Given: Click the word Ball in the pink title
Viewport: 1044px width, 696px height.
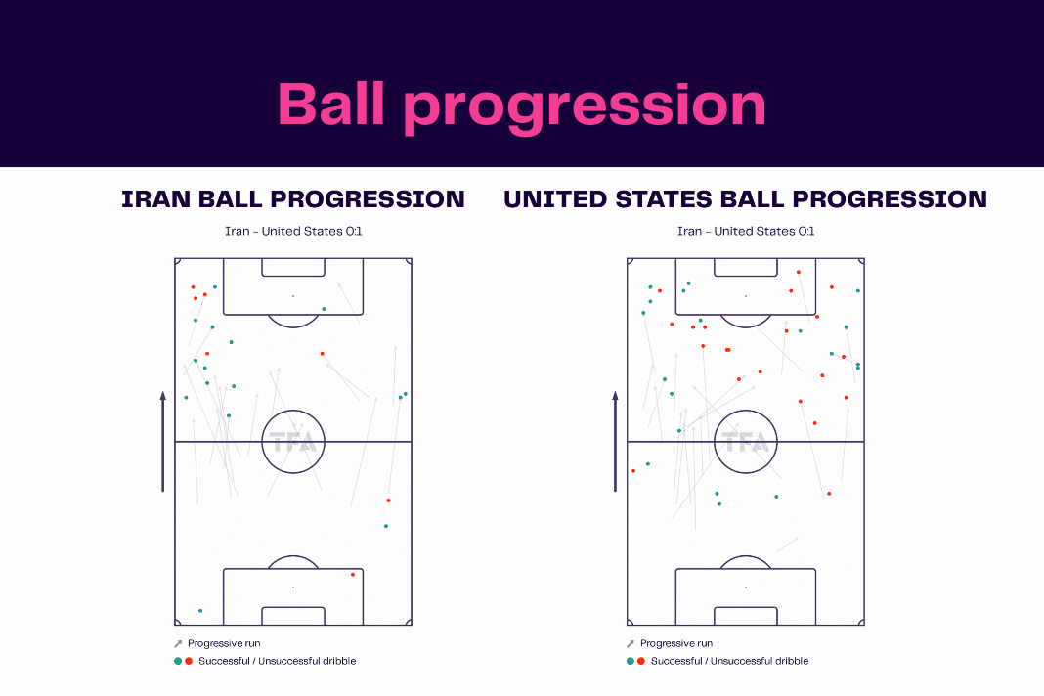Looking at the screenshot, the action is (331, 104).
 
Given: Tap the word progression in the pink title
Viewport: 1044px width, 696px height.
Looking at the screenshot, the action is (586, 109).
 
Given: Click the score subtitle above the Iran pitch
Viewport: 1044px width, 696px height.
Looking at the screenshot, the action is (293, 231).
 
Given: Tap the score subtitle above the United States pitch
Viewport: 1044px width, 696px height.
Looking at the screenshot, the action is (746, 231).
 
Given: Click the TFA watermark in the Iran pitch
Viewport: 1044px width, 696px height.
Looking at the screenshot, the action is (293, 442).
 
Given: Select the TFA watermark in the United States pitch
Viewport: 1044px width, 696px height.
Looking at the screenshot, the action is (746, 442).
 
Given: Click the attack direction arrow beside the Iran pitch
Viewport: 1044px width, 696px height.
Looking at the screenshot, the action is (163, 442).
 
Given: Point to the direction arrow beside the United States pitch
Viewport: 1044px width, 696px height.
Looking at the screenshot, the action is (615, 442).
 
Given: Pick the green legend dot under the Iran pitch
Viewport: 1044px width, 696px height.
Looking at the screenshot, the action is (178, 662).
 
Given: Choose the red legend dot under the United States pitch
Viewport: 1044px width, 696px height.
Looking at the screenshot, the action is (641, 662).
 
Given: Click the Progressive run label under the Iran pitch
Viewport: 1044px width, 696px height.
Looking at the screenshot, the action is (224, 643).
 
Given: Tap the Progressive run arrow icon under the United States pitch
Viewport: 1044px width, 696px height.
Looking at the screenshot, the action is (631, 643).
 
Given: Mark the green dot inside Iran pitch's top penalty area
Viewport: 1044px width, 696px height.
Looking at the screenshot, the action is (325, 309).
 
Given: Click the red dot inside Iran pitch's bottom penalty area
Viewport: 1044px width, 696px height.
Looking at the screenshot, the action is (353, 574).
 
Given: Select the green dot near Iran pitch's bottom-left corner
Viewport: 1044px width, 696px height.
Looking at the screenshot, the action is (200, 611).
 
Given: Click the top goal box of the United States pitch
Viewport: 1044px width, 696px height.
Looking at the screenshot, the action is (746, 267).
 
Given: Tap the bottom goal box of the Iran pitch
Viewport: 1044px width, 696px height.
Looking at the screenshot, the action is (293, 616).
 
